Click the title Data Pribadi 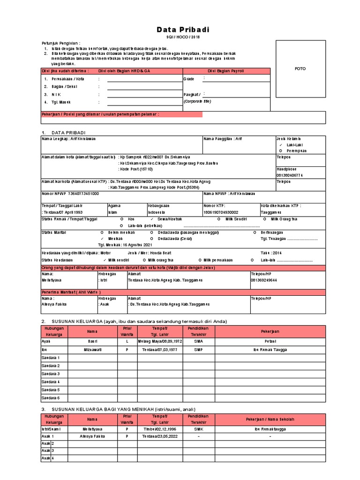(183, 30)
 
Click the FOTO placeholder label (300, 68)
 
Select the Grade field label (188, 79)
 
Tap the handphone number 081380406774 (290, 175)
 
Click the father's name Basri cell (92, 342)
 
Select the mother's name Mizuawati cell (92, 350)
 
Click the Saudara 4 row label (51, 382)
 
